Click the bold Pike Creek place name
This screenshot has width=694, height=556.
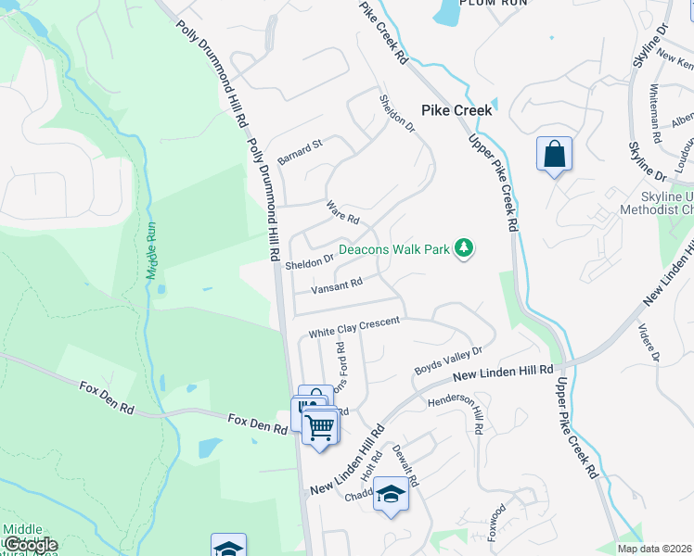pos(456,108)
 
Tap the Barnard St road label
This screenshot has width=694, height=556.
pos(299,145)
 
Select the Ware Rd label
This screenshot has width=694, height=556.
pos(342,212)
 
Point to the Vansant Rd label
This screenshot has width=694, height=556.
pos(336,285)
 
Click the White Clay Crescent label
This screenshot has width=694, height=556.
pos(353,327)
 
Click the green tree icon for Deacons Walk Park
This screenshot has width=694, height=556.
pos(465,248)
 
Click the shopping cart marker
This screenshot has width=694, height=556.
pos(320,427)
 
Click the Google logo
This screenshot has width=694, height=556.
pos(32,544)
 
